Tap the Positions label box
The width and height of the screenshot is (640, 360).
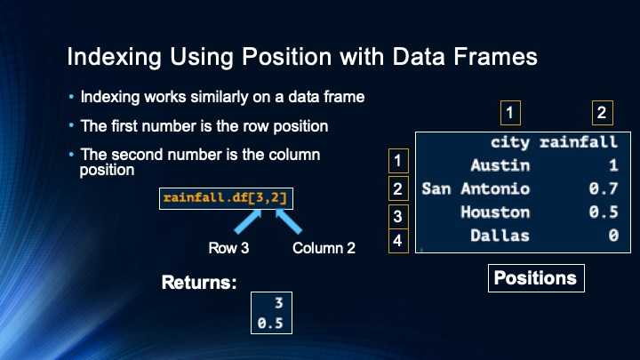click(536, 278)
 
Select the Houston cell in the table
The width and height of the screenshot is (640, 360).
click(495, 212)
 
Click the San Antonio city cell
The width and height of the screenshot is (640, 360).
click(476, 189)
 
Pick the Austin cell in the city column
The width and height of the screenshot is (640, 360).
click(500, 165)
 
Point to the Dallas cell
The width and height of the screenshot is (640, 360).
click(500, 236)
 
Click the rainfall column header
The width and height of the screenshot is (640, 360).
click(579, 142)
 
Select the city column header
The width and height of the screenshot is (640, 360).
click(510, 142)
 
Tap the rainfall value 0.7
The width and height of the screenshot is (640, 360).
click(604, 189)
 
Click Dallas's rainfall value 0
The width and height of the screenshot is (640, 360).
click(613, 236)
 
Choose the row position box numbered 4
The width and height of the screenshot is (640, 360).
click(398, 241)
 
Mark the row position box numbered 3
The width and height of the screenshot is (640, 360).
click(398, 216)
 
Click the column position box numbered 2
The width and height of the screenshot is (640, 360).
click(603, 113)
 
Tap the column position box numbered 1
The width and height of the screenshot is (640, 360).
click(510, 113)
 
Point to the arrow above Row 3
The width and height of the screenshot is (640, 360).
click(248, 221)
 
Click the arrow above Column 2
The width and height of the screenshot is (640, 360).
click(289, 221)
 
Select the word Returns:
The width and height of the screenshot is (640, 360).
click(199, 283)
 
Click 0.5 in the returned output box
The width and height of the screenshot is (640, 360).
click(270, 324)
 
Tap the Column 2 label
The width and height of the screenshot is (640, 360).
click(324, 248)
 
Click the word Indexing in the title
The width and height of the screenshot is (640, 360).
click(115, 57)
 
